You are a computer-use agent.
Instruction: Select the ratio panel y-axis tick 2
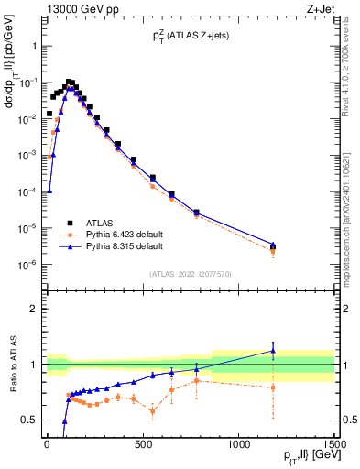point(33,309)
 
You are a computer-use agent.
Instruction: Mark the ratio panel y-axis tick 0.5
point(29,420)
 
